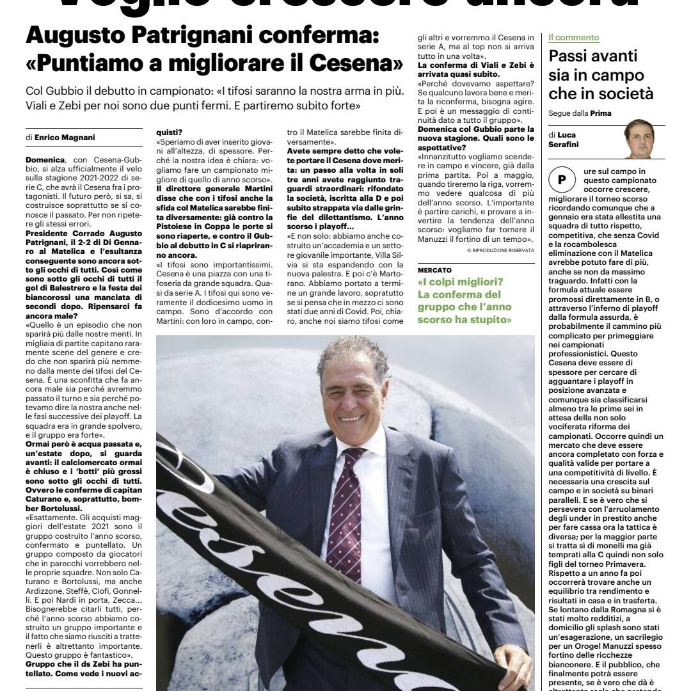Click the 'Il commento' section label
[574, 38]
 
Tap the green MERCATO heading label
[434, 271]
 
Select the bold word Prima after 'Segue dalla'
[601, 113]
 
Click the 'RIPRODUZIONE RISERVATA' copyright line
[500, 250]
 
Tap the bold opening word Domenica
[45, 159]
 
